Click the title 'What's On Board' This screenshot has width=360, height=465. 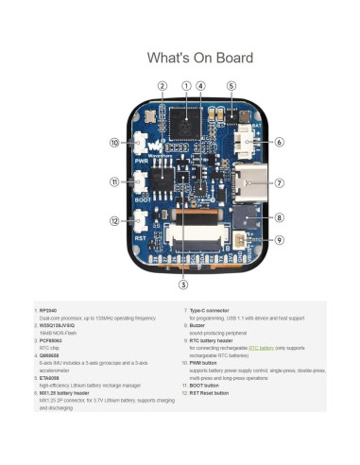click(199, 58)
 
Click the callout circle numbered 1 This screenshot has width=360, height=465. click(186, 86)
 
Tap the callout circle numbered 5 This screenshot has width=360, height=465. click(231, 86)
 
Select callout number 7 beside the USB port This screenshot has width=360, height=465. click(280, 181)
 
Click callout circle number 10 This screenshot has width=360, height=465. click(114, 143)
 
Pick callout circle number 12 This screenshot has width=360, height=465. click(114, 221)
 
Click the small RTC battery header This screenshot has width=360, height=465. click(250, 240)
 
